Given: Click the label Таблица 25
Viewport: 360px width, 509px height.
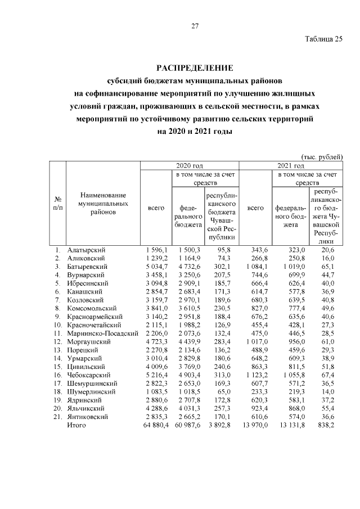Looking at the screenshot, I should [323, 39].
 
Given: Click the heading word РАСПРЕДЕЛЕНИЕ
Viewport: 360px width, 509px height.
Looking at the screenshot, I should [195, 68].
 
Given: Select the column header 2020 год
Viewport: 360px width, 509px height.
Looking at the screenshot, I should [189, 166].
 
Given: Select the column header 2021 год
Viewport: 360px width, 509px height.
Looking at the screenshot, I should [290, 166].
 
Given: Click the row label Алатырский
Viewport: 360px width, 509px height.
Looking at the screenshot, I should [86, 249].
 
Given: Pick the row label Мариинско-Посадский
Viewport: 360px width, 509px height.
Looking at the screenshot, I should [103, 334].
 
